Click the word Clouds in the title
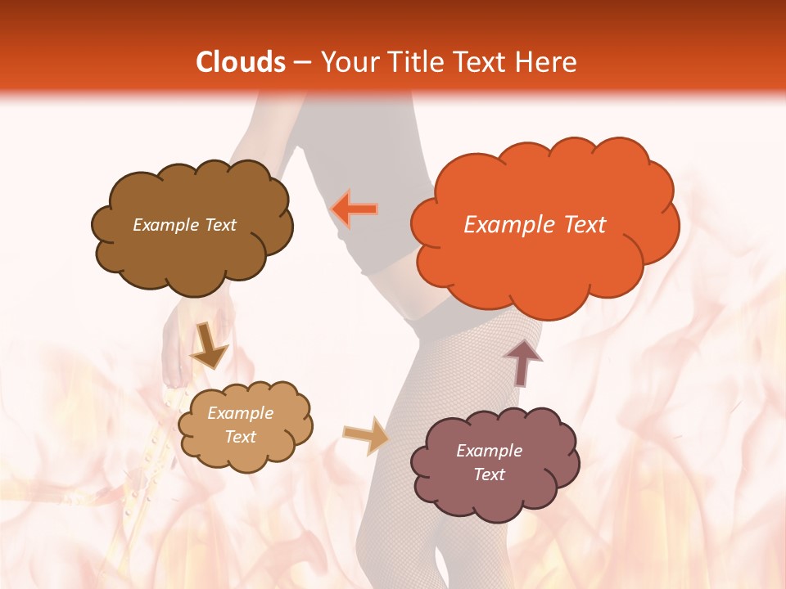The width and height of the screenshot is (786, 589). coord(241,62)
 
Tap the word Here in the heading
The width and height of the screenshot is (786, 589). coord(545,62)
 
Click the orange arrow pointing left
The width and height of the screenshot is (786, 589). coord(354,209)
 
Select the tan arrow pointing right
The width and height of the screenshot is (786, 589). coord(366,435)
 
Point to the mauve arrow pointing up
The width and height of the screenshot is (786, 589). coord(522,362)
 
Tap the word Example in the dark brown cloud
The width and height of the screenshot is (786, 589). coord(166,225)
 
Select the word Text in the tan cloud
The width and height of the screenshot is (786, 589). coord(241,437)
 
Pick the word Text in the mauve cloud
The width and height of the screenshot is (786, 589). coord(489,474)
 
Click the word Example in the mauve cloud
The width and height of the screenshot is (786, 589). coord(489,451)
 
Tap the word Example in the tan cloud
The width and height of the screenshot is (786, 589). coord(241,413)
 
